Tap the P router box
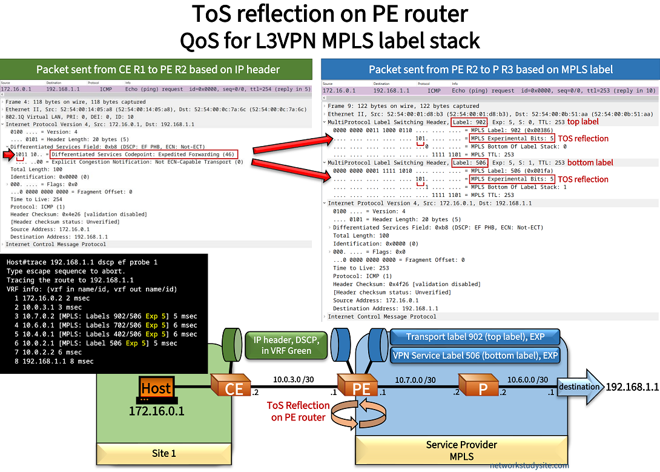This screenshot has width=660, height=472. coord(480,388)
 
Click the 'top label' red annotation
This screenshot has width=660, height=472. coord(583,122)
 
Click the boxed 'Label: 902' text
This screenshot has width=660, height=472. coord(469,122)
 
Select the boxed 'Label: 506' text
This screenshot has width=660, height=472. coord(469,163)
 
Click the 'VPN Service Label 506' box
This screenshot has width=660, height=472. coord(475,356)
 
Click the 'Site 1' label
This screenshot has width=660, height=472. coord(164,453)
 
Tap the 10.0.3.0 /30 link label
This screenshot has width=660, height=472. coord(294,380)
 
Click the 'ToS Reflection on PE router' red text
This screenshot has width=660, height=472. coord(299,411)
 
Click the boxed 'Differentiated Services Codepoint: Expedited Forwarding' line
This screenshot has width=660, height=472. coord(144,155)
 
